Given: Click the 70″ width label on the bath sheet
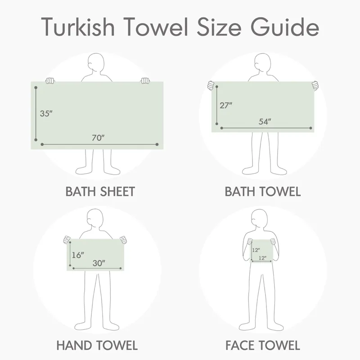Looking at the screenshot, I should tap(98, 138).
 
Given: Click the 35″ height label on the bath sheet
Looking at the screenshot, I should tap(46, 113).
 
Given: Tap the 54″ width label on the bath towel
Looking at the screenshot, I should tap(265, 121).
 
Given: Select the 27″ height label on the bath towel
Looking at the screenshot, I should tap(226, 105).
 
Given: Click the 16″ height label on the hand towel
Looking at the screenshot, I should tap(78, 255).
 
